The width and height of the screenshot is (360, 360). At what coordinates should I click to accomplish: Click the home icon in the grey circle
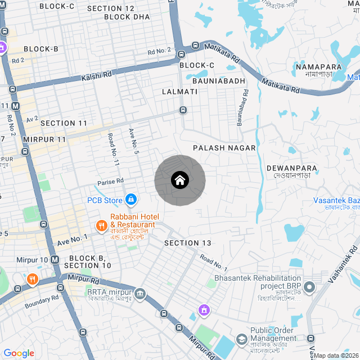(179, 181)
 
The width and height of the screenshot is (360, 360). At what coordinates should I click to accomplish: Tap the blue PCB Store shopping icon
(130, 200)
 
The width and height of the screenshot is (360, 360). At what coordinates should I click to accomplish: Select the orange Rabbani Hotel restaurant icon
(101, 226)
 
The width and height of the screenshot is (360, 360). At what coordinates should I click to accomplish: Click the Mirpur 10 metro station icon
(55, 259)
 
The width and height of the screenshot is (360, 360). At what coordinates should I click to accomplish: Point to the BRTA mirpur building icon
(140, 293)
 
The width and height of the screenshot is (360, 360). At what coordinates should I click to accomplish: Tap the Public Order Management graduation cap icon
(241, 339)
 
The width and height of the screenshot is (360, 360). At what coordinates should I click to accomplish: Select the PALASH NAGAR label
(224, 148)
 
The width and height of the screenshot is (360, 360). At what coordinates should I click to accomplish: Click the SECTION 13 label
(188, 243)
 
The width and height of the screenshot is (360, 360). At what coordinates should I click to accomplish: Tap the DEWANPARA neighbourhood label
(292, 168)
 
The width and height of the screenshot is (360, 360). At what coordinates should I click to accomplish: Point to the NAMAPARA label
(318, 67)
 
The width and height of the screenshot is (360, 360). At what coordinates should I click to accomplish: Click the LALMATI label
(179, 91)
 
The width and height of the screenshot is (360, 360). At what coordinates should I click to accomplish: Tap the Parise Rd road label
(110, 182)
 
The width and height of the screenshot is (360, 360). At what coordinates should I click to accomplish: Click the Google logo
(19, 353)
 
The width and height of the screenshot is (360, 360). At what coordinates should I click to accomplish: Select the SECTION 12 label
(111, 8)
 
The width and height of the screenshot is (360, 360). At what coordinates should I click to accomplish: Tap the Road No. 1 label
(213, 263)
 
